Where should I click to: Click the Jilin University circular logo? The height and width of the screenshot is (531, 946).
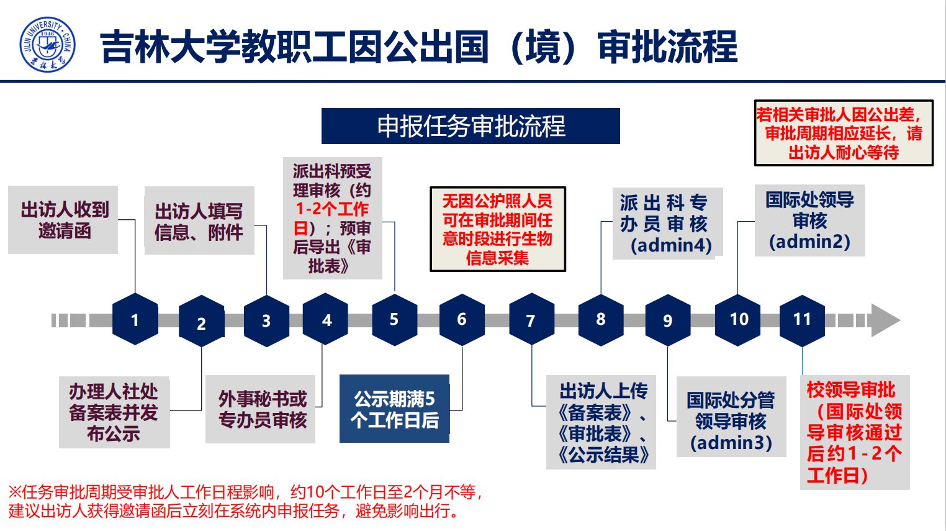tap(47, 45)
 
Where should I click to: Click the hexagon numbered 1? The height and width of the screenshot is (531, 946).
tap(135, 319)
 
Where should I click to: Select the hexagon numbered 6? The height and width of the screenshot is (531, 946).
tap(462, 320)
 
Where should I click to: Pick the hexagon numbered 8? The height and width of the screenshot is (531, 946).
tap(601, 320)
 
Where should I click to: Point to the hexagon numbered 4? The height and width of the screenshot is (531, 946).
tap(326, 319)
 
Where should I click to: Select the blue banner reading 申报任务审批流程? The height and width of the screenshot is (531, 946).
tap(471, 126)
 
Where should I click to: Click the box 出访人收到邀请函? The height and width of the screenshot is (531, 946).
tap(63, 220)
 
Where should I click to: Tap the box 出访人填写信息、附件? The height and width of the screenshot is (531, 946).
tap(199, 220)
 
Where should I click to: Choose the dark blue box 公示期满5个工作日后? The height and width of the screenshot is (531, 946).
tap(394, 409)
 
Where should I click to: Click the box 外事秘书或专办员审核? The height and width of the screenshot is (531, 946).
tap(260, 409)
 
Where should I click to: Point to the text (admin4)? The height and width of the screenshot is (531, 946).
tap(671, 245)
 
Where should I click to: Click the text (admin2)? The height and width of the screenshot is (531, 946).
tap(809, 242)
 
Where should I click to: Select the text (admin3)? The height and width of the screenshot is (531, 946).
tap(731, 443)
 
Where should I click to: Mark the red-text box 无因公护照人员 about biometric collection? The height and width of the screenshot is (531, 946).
tap(498, 229)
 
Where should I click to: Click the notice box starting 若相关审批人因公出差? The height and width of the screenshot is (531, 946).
tap(844, 133)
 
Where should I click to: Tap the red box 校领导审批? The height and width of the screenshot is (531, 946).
tap(855, 432)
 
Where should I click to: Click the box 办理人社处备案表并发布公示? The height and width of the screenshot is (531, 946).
tap(114, 412)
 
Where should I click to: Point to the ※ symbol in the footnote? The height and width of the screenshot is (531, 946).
tap(15, 492)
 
